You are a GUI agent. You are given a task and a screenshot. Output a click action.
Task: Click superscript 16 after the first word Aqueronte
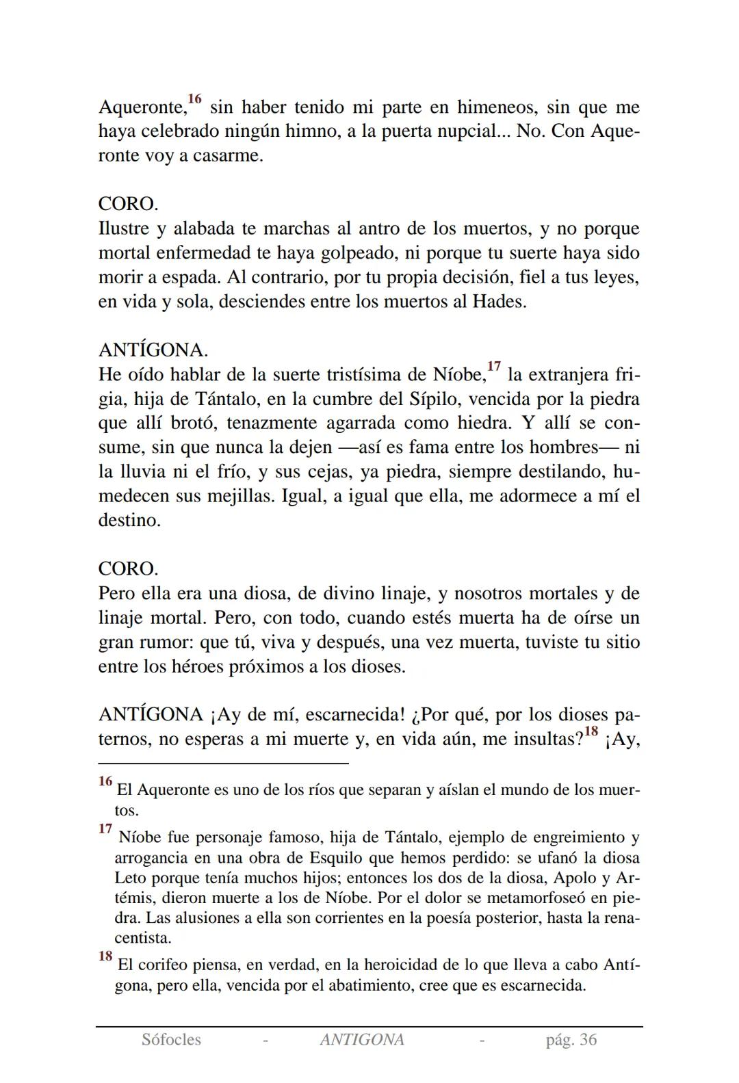(195, 100)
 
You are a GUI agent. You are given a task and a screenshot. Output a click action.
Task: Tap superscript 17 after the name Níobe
(494, 367)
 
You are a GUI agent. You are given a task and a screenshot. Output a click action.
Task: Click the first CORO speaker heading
(128, 204)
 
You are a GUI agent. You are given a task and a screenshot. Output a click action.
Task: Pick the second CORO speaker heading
(128, 569)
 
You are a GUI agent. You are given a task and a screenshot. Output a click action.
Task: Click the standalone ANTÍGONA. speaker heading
(153, 350)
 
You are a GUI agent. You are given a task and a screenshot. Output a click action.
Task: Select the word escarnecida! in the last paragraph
(354, 715)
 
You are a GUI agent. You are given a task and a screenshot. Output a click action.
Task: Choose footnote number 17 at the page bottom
(105, 829)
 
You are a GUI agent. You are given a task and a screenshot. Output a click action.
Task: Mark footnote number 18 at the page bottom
(105, 956)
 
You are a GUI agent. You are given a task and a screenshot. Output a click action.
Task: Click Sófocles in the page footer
(171, 1040)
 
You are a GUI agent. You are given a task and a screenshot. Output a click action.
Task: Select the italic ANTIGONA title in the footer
(362, 1040)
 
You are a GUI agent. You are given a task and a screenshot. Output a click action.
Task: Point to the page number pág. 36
(571, 1040)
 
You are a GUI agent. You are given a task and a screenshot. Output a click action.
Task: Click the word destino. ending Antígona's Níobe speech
(129, 520)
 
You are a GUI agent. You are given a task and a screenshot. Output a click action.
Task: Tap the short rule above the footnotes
(223, 763)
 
